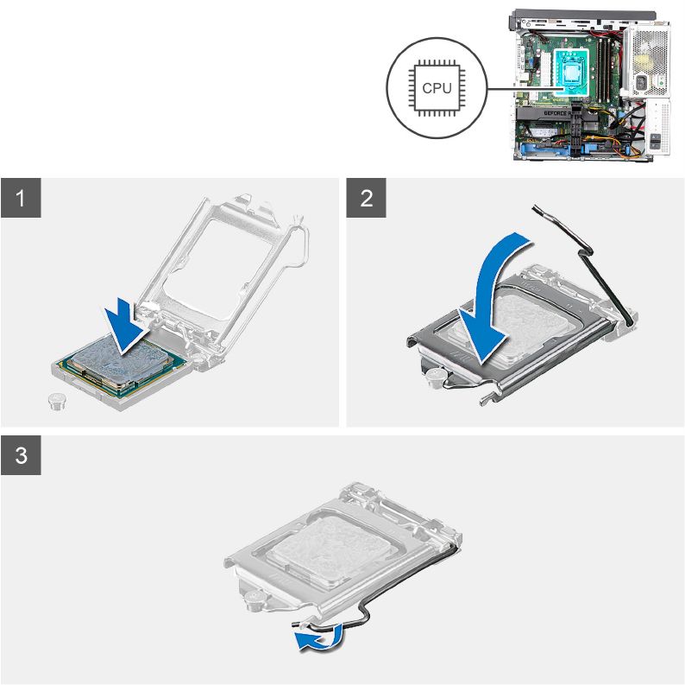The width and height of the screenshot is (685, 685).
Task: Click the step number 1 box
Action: [21, 198]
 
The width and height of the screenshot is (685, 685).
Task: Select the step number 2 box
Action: [366, 198]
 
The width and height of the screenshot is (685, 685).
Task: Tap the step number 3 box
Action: [21, 455]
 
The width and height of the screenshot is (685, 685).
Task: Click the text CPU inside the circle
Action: [437, 88]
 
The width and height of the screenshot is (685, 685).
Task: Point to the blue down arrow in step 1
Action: [125, 325]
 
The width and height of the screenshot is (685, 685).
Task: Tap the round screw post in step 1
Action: [56, 401]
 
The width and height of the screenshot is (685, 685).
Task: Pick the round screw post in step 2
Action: [436, 378]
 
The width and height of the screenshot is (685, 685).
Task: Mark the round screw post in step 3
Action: [255, 599]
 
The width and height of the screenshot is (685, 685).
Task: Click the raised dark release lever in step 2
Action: [581, 263]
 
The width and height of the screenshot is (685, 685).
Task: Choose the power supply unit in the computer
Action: [645, 61]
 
